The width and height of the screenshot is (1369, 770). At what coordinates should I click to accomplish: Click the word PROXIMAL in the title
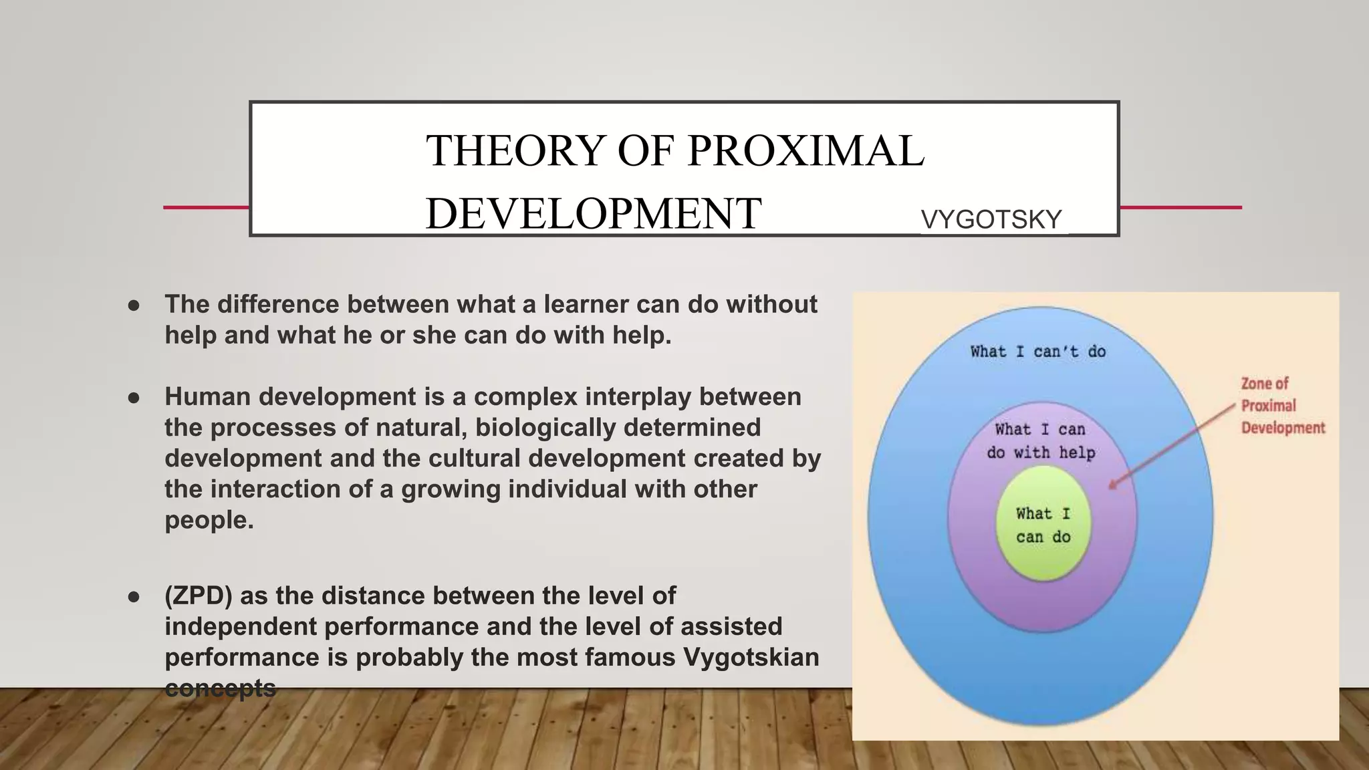pyautogui.click(x=805, y=150)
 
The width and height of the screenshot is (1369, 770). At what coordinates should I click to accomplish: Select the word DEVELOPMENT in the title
pyautogui.click(x=593, y=213)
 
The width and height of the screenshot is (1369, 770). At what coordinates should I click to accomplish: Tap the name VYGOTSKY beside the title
pyautogui.click(x=991, y=220)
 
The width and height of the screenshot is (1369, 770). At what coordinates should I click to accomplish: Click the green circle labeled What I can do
pyautogui.click(x=1043, y=525)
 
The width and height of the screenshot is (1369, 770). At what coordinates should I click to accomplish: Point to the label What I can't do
pyautogui.click(x=1038, y=352)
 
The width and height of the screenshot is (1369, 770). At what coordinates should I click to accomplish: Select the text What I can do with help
pyautogui.click(x=1041, y=441)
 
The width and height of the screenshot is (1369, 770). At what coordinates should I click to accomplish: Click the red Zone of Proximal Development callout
pyautogui.click(x=1281, y=406)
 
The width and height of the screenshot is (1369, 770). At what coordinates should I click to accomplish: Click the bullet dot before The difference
pyautogui.click(x=134, y=305)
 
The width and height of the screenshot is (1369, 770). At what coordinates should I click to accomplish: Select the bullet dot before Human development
pyautogui.click(x=134, y=398)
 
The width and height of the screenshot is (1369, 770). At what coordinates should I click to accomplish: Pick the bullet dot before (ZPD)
pyautogui.click(x=134, y=597)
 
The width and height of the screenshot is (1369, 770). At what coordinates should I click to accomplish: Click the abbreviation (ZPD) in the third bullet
pyautogui.click(x=198, y=596)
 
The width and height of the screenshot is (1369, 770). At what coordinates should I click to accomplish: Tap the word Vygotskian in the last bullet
pyautogui.click(x=751, y=658)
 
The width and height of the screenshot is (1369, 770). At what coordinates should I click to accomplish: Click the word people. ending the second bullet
pyautogui.click(x=209, y=520)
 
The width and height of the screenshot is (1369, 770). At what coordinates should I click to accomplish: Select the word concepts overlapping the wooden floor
pyautogui.click(x=220, y=688)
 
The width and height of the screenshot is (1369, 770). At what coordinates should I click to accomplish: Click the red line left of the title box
pyautogui.click(x=206, y=207)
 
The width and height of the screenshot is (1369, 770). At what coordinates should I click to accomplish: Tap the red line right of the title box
pyautogui.click(x=1180, y=207)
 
